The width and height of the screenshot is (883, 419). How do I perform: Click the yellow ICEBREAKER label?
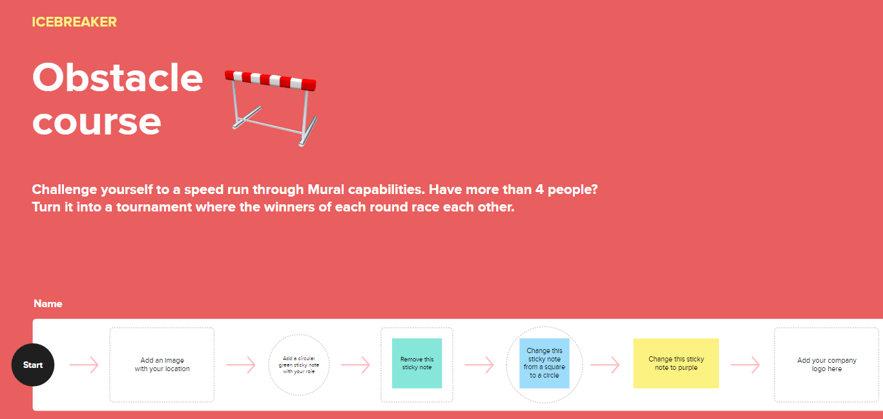click(x=74, y=22)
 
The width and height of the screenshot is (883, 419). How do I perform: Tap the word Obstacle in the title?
click(x=118, y=78)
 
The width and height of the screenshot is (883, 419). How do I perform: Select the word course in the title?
click(x=97, y=122)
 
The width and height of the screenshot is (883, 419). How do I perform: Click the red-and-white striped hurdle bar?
click(x=271, y=80)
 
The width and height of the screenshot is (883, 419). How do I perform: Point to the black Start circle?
click(x=33, y=365)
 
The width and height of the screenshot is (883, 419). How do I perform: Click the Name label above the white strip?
click(x=48, y=303)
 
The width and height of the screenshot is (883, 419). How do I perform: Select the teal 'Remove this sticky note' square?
click(x=417, y=363)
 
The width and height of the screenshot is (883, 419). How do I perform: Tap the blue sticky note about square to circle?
click(x=545, y=363)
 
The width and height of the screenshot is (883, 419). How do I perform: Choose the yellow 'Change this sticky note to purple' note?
click(x=676, y=363)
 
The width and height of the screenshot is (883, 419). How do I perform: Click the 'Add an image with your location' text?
click(x=162, y=365)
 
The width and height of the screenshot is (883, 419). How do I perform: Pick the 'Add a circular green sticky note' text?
click(x=299, y=365)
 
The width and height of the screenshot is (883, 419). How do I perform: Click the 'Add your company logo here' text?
click(x=827, y=365)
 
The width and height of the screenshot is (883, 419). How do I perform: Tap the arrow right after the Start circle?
click(x=84, y=365)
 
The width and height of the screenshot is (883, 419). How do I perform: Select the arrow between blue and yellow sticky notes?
click(x=605, y=365)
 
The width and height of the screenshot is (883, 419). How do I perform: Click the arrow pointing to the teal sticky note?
click(x=355, y=365)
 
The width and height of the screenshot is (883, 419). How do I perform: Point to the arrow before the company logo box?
click(x=745, y=365)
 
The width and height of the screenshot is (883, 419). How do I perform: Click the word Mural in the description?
click(x=326, y=189)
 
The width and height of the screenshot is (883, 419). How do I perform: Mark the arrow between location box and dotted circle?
click(x=241, y=365)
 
